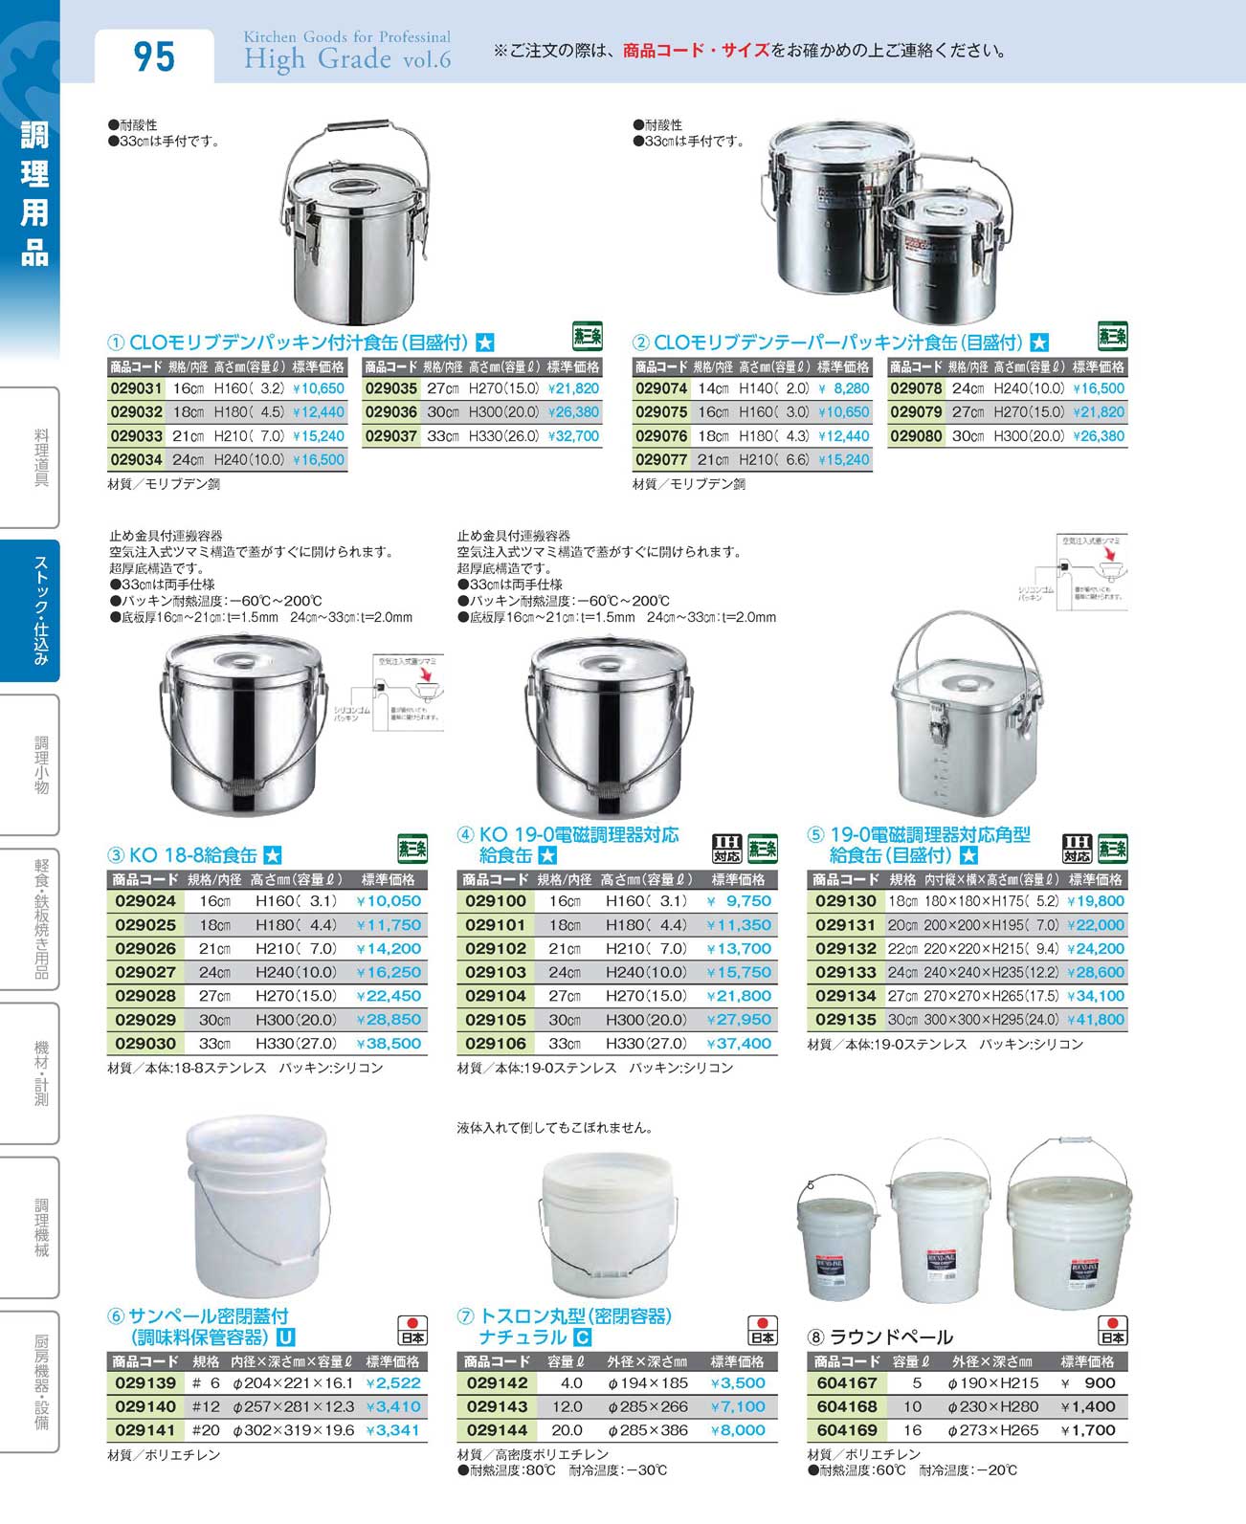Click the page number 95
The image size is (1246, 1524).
(x=154, y=57)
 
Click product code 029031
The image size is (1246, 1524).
(x=136, y=389)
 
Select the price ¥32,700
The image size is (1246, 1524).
(x=573, y=436)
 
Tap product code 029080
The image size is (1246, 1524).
(x=916, y=436)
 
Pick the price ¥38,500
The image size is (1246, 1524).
(x=389, y=1044)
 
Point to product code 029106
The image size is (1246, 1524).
(x=496, y=1044)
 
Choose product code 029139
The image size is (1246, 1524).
(x=145, y=1383)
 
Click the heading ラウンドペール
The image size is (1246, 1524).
(x=891, y=1336)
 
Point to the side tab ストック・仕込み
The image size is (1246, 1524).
(x=40, y=611)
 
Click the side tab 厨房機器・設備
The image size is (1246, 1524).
(x=40, y=1381)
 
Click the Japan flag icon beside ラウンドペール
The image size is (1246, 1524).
(x=1112, y=1331)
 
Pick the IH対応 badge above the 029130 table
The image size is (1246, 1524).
(x=1077, y=849)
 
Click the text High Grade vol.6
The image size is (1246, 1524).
(x=346, y=59)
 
